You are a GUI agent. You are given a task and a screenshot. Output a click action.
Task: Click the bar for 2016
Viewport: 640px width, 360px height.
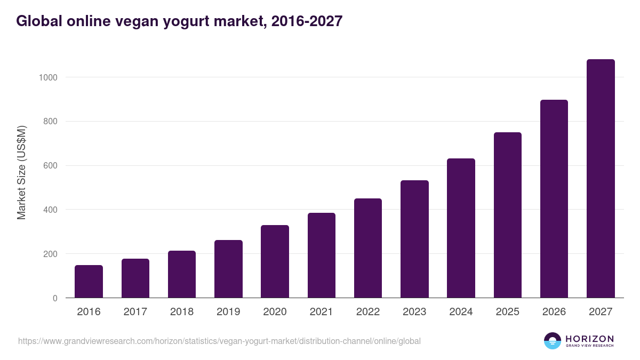click(x=89, y=282)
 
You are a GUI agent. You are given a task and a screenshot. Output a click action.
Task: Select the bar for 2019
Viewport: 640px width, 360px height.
click(x=228, y=269)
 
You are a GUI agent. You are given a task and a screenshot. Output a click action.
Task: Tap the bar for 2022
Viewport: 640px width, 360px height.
click(x=368, y=248)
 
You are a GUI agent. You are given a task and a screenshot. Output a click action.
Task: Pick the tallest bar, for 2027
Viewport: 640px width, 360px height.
click(x=601, y=179)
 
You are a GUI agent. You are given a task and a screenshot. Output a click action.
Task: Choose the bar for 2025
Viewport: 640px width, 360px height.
click(x=507, y=215)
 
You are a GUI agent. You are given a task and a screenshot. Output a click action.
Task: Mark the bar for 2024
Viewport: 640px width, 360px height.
click(x=461, y=228)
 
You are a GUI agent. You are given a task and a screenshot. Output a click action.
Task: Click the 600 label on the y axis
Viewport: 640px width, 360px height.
click(x=50, y=166)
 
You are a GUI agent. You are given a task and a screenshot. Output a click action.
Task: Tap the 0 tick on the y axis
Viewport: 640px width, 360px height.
click(x=54, y=298)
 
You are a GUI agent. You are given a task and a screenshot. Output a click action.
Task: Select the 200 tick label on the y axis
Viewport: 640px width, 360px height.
click(x=50, y=254)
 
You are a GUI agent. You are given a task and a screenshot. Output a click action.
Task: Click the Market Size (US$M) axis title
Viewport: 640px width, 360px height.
click(x=22, y=173)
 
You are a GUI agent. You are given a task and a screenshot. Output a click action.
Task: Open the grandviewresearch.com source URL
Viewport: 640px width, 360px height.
click(x=219, y=341)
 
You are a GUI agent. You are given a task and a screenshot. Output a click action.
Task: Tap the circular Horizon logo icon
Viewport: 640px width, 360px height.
click(x=553, y=341)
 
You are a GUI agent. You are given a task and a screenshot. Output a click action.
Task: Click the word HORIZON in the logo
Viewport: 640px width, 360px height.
click(x=589, y=339)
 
